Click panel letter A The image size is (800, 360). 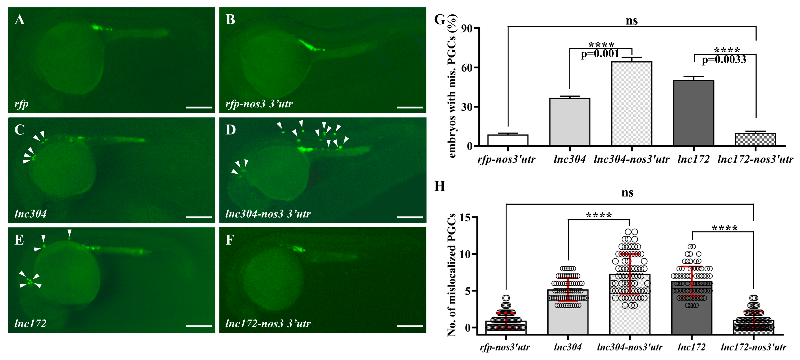pyautogui.click(x=20, y=20)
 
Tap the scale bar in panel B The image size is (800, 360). pyautogui.click(x=410, y=107)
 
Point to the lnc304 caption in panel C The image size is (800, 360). pyautogui.click(x=30, y=214)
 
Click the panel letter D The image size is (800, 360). pyautogui.click(x=230, y=130)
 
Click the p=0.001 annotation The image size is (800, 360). pyautogui.click(x=600, y=54)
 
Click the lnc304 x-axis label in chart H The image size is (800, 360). pyautogui.click(x=567, y=347)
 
